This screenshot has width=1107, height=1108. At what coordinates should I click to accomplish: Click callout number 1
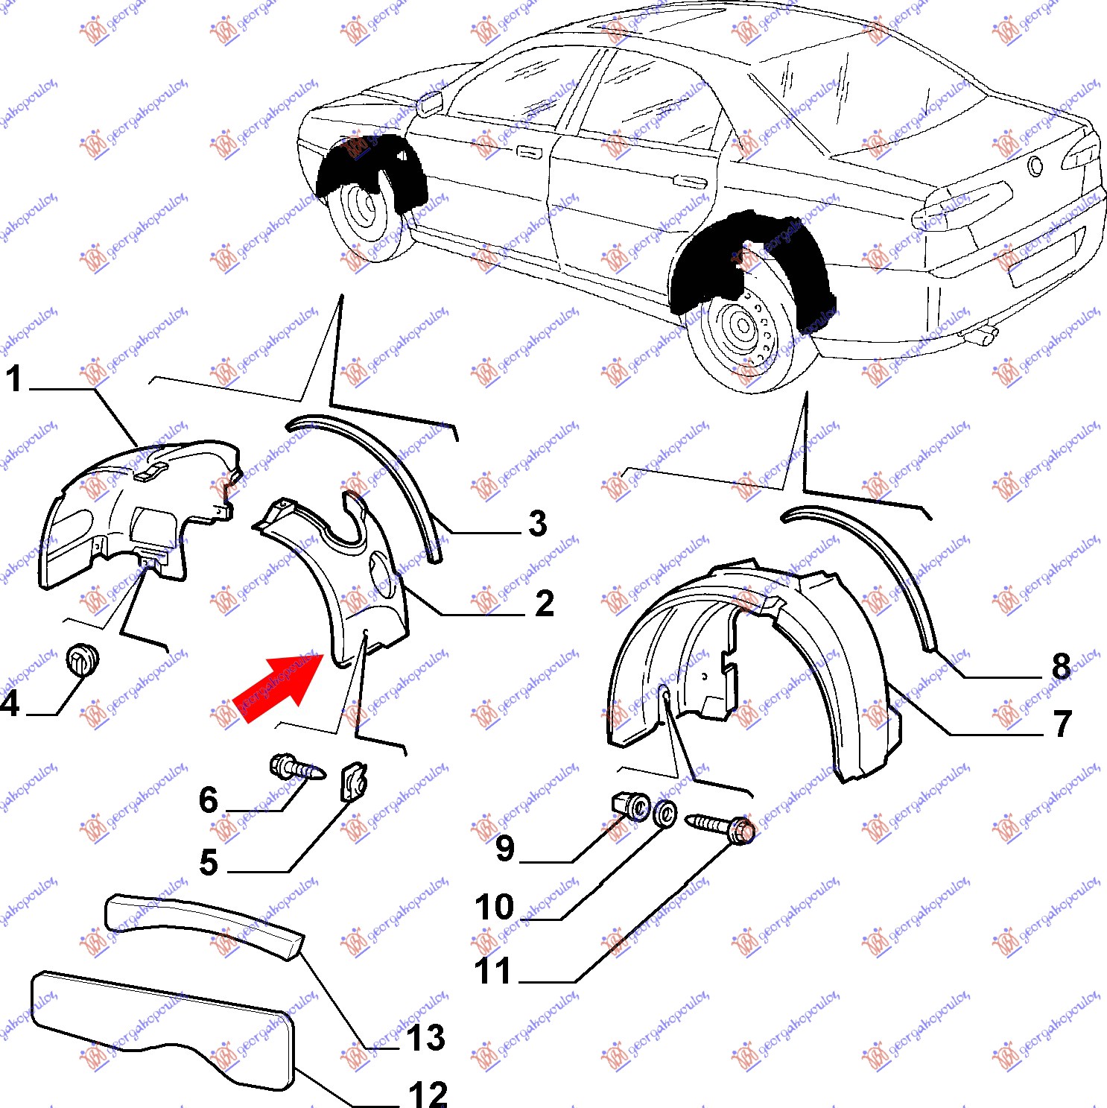(14, 379)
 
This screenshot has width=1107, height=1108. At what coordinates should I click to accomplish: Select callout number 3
(538, 523)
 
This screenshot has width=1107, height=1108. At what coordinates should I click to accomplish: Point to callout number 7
(1062, 724)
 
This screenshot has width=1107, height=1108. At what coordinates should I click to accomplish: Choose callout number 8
(1061, 666)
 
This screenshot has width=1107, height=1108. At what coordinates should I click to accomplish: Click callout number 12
(428, 1094)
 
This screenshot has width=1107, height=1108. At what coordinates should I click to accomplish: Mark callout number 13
(425, 1038)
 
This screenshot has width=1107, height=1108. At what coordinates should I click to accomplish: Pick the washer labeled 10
(664, 813)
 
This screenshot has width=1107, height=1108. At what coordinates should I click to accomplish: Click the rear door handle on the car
(689, 181)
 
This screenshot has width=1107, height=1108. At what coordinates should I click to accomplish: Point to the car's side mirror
(429, 104)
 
